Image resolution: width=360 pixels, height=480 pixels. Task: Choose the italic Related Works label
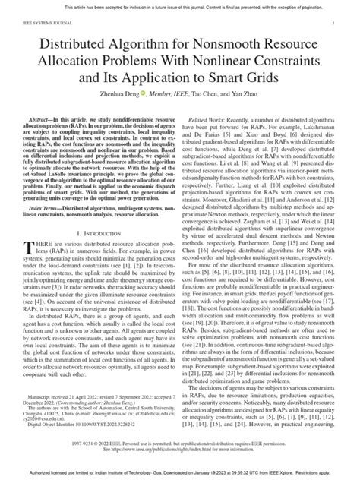210,122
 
